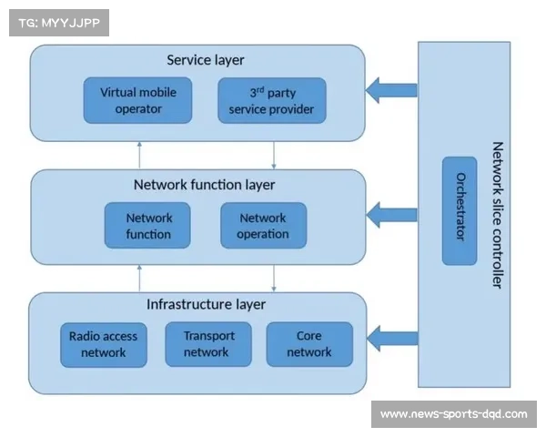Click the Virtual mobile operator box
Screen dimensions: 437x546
tap(138, 101)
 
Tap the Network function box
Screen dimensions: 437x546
tap(148, 226)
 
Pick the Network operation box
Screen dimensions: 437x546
tap(263, 226)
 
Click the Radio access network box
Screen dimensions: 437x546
tap(103, 344)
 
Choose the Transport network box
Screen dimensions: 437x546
tap(208, 344)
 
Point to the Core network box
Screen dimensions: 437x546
tap(308, 344)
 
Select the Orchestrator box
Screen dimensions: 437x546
tap(460, 210)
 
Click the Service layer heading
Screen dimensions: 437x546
tap(206, 61)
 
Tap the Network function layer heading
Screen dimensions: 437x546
tap(204, 186)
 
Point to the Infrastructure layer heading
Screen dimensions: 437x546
tap(206, 304)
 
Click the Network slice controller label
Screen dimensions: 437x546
tap(497, 214)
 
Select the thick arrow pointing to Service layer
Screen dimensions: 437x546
tap(391, 89)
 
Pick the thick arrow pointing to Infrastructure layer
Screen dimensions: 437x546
tap(391, 340)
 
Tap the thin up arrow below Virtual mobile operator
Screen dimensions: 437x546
tap(139, 155)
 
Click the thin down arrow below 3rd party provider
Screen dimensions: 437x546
tap(274, 155)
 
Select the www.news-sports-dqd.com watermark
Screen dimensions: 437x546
tap(453, 414)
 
